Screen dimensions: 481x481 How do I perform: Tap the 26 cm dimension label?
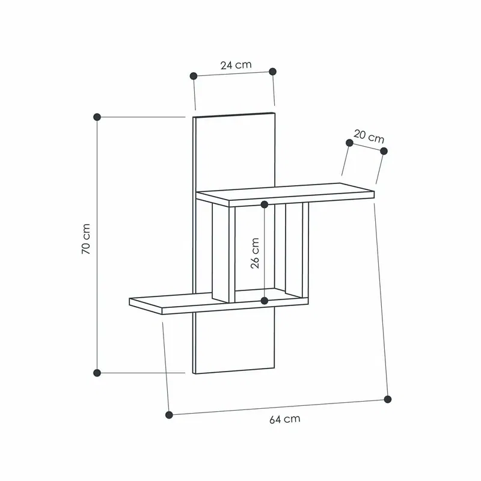click(x=255, y=253)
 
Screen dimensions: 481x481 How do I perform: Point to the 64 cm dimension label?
click(x=284, y=419)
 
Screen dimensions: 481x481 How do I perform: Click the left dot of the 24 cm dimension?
click(x=194, y=76)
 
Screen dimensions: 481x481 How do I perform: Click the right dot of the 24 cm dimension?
click(x=272, y=71)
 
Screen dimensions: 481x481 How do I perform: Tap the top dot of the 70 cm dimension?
click(x=97, y=117)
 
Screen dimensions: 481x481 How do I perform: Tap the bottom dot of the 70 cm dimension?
click(x=97, y=372)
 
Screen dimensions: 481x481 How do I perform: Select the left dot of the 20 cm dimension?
click(x=349, y=142)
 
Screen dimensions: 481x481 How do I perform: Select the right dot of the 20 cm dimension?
click(x=384, y=150)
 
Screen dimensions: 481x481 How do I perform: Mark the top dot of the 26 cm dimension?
click(x=265, y=205)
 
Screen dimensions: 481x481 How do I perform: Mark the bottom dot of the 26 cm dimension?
click(x=265, y=300)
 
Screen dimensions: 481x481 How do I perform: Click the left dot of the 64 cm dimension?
click(x=169, y=414)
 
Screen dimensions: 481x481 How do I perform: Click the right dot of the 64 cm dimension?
click(x=388, y=399)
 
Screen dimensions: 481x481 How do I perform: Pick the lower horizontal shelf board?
click(x=180, y=304)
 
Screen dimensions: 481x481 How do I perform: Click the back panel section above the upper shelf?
click(x=234, y=150)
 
